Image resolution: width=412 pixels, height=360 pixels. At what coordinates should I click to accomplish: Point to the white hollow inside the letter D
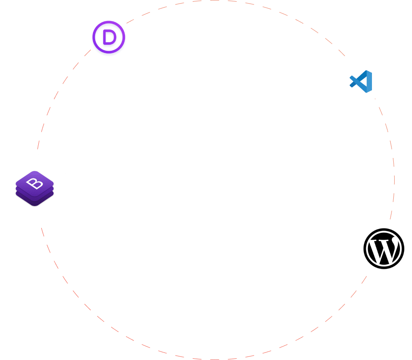109,37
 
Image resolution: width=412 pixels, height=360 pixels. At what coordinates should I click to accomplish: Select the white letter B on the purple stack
34,182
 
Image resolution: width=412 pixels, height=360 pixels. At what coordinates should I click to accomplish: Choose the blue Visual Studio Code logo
361,81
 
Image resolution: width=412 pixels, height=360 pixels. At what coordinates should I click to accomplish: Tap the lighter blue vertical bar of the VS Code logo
368,81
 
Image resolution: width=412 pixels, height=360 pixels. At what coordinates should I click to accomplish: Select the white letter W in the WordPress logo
383,249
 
